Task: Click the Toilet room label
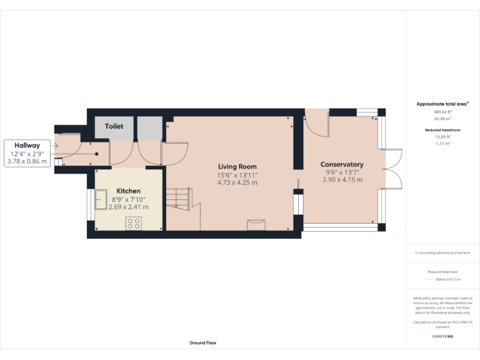point(114,126)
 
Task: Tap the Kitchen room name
point(128,191)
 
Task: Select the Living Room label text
point(237,166)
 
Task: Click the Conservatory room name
point(342,164)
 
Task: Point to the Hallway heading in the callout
point(27,146)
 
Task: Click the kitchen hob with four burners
point(133,223)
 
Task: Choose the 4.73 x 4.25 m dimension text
point(237,182)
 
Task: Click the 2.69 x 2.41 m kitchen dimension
point(128,207)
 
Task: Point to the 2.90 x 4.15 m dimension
point(342,180)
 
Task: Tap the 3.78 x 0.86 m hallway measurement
point(27,161)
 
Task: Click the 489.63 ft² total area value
point(442,112)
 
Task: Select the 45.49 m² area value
point(442,118)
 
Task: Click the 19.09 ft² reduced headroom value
point(442,137)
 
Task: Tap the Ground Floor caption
point(203,343)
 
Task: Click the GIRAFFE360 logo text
point(442,336)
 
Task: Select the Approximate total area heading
point(442,104)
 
